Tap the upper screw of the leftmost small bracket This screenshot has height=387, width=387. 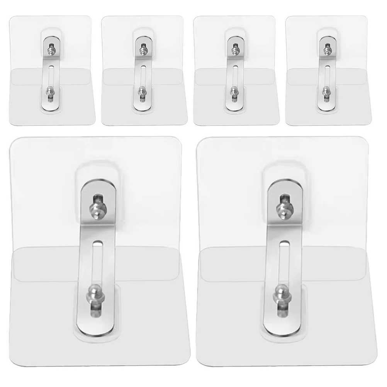coord(50,49)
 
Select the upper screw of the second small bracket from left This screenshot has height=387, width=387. coord(142,49)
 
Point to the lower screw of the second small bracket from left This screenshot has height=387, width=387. coord(142,91)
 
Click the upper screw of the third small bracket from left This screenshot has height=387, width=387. coord(234,49)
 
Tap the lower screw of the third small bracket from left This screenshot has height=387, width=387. coord(233,91)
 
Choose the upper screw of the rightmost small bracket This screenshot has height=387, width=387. coord(326,49)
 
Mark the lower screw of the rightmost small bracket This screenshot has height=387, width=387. coord(326,91)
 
